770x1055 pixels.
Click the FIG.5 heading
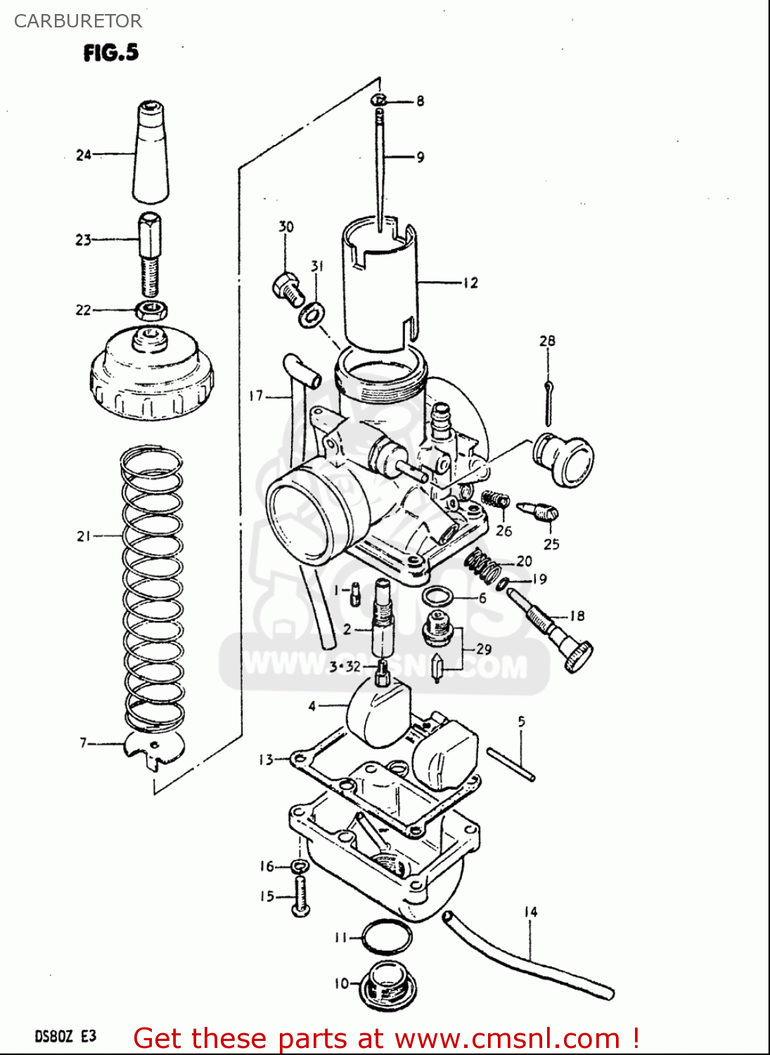[110, 53]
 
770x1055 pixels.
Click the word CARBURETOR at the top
[78, 21]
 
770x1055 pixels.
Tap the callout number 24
[84, 155]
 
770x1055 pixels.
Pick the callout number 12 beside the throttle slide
[470, 283]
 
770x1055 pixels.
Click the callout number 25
[551, 544]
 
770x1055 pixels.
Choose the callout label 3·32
[345, 666]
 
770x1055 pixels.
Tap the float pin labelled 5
[511, 765]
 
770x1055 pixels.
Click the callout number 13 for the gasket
[266, 760]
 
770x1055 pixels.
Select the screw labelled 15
[300, 897]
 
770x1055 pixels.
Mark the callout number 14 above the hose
[530, 912]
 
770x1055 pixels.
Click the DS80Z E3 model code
[65, 1036]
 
